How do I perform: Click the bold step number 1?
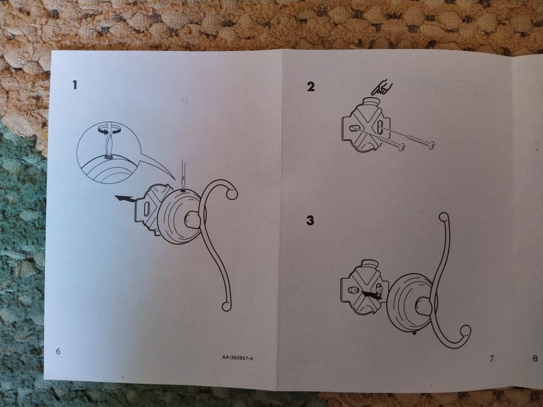click(x=75, y=85)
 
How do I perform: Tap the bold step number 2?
click(x=311, y=86)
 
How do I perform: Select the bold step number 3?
click(x=310, y=220)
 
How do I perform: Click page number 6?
click(x=58, y=351)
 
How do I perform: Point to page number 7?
click(x=492, y=358)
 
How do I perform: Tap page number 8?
click(x=535, y=358)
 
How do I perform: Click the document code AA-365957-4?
click(x=238, y=358)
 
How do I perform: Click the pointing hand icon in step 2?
click(x=382, y=88)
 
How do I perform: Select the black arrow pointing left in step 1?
click(x=124, y=198)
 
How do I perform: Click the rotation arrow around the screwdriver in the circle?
click(x=109, y=131)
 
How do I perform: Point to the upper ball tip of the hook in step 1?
click(x=232, y=194)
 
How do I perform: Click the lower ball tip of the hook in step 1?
click(x=226, y=306)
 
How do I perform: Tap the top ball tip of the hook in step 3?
click(x=444, y=217)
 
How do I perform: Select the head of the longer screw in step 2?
click(x=431, y=145)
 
